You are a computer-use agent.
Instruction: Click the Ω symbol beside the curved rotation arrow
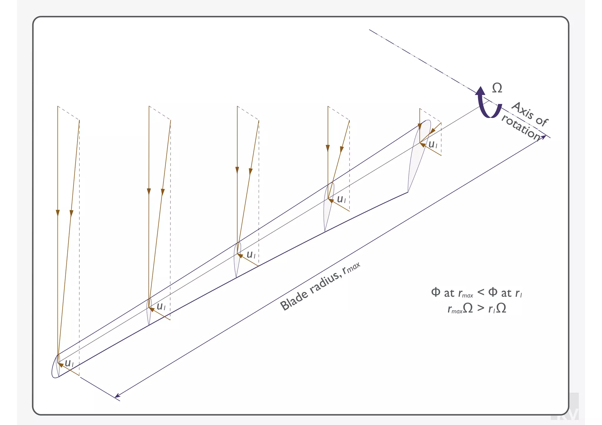click(x=497, y=88)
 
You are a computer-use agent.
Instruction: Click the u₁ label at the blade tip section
click(x=69, y=363)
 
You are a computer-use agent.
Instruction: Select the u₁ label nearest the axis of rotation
click(x=433, y=144)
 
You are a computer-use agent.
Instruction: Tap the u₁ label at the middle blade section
click(x=251, y=254)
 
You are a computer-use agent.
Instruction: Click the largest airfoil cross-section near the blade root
click(x=419, y=156)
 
